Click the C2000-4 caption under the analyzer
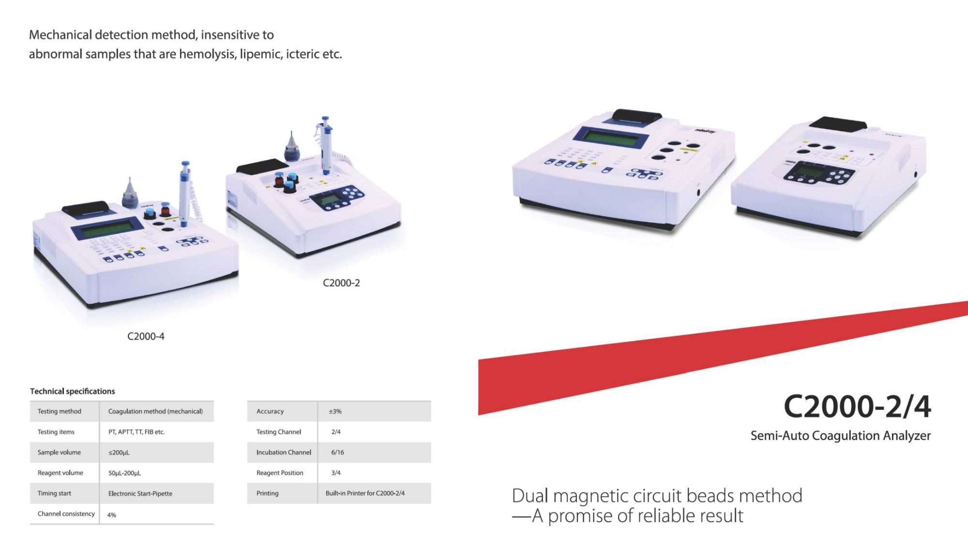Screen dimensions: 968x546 pos(146,336)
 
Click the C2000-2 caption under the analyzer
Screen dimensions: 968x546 pos(341,283)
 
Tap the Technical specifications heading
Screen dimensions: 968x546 pos(73,391)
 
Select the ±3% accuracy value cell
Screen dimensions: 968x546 pos(335,411)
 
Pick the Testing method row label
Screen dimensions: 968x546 pos(60,411)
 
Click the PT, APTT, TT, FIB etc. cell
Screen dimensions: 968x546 pos(136,432)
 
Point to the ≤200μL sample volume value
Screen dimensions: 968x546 pos(119,452)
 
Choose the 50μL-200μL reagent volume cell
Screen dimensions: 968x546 pos(124,473)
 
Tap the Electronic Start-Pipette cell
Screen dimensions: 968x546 pos(140,493)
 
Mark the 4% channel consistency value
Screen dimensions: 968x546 pos(112,515)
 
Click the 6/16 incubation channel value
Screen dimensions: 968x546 pos(337,452)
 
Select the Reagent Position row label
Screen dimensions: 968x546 pos(280,473)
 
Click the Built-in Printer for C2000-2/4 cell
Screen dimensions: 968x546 pos(365,493)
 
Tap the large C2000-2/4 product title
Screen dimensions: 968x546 pos(857,406)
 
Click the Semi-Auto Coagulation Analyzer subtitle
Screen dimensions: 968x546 pos(841,436)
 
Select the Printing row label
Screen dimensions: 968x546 pos(268,493)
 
